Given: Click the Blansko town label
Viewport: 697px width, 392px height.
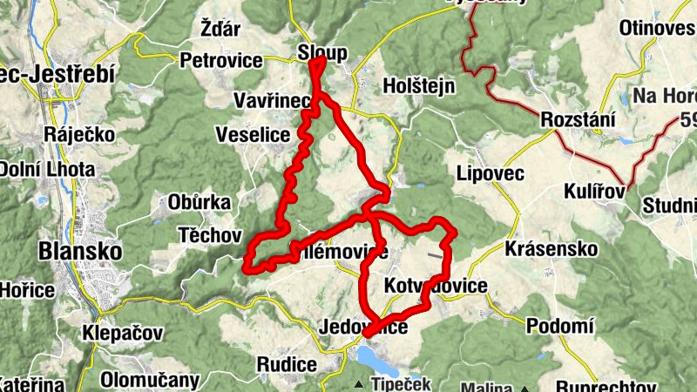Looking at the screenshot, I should click(x=79, y=251).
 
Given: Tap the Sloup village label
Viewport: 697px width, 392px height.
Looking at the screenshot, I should click(x=322, y=52).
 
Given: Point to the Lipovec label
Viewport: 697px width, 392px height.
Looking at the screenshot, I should click(x=490, y=173).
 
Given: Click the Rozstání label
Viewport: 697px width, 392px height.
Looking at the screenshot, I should click(x=578, y=119).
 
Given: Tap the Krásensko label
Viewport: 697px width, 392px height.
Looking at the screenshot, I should click(x=551, y=249).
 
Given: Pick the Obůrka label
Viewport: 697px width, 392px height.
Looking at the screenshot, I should click(x=200, y=202).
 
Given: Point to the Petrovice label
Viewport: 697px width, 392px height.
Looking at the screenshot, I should click(x=221, y=60).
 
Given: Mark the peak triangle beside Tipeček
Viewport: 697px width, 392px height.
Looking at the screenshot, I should click(x=358, y=384).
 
